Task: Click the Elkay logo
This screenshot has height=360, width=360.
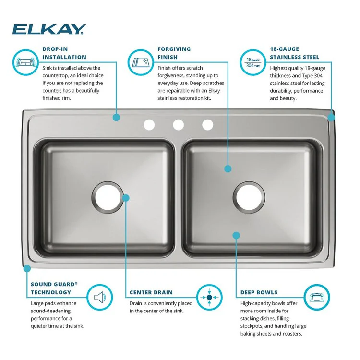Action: pos(49,29)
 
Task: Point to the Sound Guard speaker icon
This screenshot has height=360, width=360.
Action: pos(99,298)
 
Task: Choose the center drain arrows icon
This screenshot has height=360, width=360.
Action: pos(209,298)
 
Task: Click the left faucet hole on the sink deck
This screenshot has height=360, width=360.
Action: pos(149,125)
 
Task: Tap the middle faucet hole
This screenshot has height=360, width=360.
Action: pos(179,125)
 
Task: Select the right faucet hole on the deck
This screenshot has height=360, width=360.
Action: pos(207,125)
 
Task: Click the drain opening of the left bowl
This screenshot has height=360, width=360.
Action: pos(107,196)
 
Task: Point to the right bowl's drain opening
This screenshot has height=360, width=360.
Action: pos(249,196)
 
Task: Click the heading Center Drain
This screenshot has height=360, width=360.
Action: pos(151,292)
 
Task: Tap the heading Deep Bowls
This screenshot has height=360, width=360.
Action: pos(259,292)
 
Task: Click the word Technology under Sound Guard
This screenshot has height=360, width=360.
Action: pos(51,292)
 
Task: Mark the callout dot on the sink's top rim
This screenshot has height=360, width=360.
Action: pos(116,117)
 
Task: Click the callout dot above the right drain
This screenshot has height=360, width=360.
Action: pos(228,168)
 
